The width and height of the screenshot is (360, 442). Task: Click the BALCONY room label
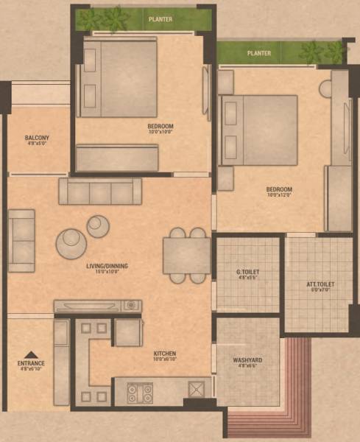37,138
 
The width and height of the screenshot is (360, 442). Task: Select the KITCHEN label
165,354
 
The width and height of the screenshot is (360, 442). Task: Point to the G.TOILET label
248,273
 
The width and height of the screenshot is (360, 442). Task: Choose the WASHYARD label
247,360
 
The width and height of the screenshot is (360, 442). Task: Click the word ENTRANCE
32,363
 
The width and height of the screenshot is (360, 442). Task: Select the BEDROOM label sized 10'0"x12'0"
280,189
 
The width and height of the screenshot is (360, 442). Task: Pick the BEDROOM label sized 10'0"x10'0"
160,127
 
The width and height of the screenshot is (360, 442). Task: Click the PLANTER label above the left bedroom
160,19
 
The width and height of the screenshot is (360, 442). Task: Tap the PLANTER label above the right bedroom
259,53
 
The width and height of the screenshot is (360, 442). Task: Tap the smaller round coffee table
98,225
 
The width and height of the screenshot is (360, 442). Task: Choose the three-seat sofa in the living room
100,192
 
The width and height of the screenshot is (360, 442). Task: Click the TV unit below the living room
97,305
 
